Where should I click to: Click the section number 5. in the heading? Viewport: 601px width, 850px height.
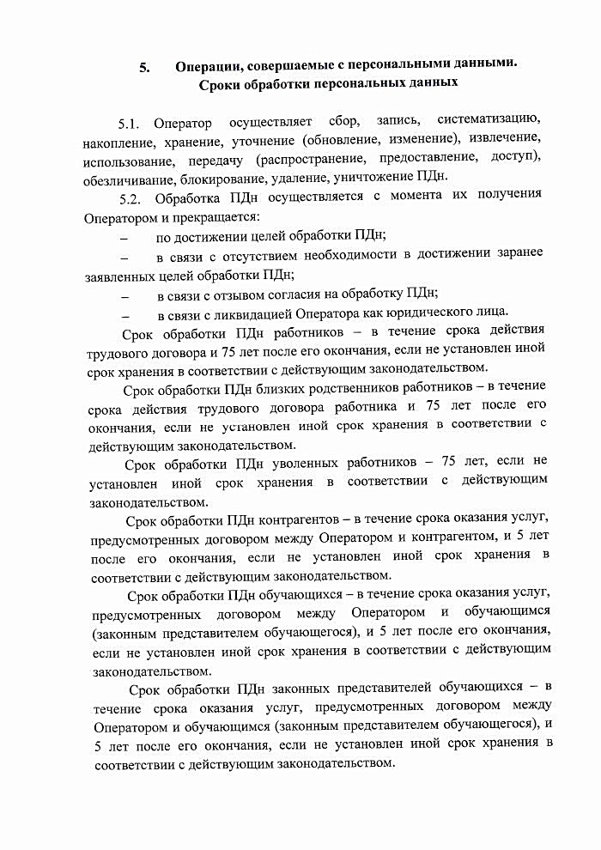[145, 67]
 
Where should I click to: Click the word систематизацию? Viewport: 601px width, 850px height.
[489, 119]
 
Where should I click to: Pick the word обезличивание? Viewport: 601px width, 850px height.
[129, 179]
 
